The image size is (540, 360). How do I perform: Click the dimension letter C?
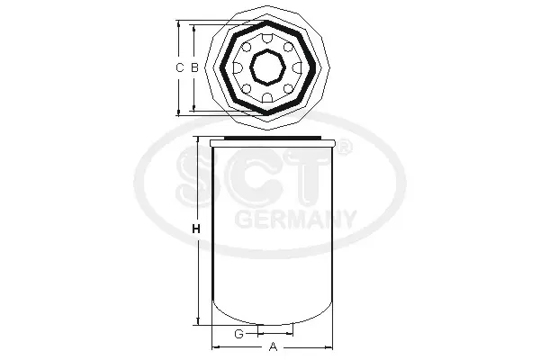click(x=179, y=67)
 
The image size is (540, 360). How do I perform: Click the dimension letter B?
click(x=194, y=67)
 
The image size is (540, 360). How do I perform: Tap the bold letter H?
click(x=196, y=229)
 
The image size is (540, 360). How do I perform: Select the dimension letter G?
click(x=238, y=334)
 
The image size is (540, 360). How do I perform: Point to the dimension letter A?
click(x=273, y=346)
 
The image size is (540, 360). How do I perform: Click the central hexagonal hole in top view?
click(x=267, y=67)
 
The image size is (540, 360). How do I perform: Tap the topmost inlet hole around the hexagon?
click(x=267, y=39)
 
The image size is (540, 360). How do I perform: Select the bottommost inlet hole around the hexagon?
click(x=267, y=97)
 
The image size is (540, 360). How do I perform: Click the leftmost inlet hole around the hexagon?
click(x=238, y=67)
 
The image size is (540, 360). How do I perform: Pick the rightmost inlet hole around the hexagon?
click(x=297, y=67)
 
